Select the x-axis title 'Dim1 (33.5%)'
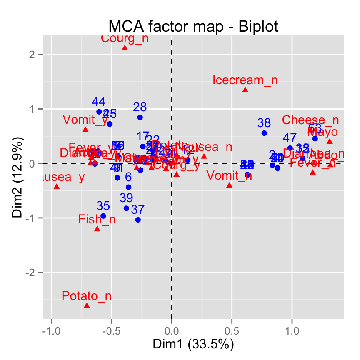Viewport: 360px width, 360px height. [x=193, y=344]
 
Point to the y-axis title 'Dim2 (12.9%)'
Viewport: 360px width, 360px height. [x=17, y=177]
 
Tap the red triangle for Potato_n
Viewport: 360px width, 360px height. [x=87, y=305]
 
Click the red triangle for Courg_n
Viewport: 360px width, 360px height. [x=125, y=48]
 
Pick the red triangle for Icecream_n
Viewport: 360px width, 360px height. [x=245, y=90]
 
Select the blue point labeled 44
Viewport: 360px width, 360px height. [x=99, y=112]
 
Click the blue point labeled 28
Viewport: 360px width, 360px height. [x=140, y=117]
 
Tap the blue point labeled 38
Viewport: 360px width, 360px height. [x=264, y=133]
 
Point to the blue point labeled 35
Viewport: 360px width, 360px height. [x=103, y=216]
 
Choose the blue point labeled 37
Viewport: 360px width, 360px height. [x=138, y=220]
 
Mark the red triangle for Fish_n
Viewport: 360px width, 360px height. [x=97, y=229]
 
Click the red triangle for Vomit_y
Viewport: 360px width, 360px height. [x=85, y=130]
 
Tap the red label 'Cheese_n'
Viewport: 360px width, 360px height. [x=310, y=120]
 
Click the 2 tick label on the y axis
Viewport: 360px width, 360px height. [x=36, y=55]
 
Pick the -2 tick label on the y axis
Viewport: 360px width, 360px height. [x=35, y=272]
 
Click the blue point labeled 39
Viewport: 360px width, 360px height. [x=126, y=208]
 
